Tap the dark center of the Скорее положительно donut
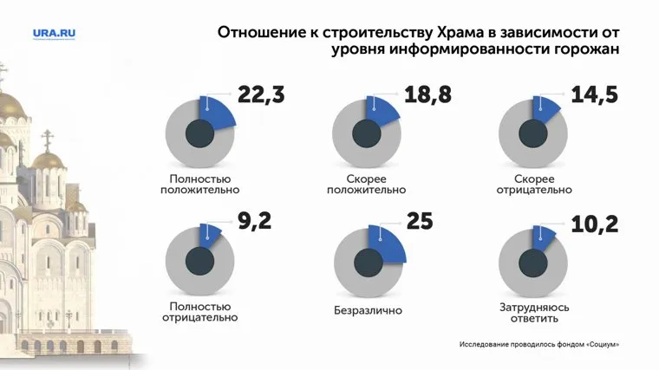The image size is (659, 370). coord(368,133)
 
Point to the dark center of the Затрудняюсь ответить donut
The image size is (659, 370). coord(534,261)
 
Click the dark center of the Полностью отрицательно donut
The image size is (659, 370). coord(201,261)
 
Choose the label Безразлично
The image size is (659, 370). coord(368,309)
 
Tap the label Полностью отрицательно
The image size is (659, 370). coord(200,312)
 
